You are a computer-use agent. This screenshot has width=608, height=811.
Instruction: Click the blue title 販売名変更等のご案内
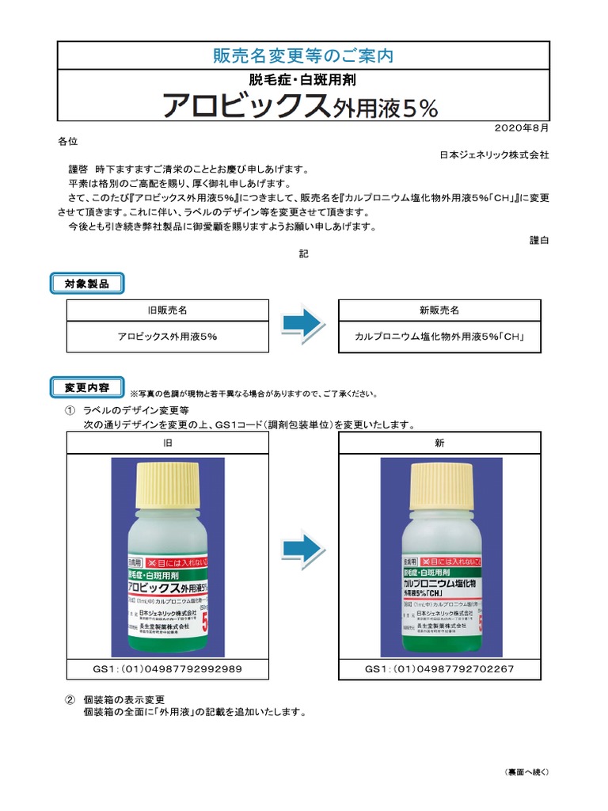(303, 55)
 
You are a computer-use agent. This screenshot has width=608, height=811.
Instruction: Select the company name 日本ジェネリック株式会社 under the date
(494, 155)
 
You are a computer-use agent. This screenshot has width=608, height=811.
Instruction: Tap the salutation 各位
(68, 141)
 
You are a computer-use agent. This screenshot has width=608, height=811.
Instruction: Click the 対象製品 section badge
(86, 283)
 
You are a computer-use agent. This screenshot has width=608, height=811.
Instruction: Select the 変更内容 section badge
(86, 387)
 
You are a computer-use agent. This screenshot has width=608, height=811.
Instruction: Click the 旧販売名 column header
(167, 310)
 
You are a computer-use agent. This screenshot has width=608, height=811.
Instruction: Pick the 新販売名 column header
(439, 310)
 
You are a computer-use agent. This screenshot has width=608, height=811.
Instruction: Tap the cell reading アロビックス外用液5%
(167, 337)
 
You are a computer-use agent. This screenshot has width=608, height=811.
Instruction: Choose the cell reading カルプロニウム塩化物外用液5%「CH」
(439, 337)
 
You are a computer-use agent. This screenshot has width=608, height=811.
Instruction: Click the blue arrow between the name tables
(304, 322)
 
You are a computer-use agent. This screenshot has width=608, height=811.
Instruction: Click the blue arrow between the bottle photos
(304, 546)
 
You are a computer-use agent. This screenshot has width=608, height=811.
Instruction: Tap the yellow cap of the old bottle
(167, 484)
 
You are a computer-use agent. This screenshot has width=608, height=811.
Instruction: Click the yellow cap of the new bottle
(440, 484)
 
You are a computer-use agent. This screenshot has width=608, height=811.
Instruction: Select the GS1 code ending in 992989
(167, 669)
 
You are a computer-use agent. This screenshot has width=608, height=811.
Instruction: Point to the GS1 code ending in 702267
(439, 669)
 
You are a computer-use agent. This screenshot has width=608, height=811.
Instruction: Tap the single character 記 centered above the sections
(303, 254)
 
